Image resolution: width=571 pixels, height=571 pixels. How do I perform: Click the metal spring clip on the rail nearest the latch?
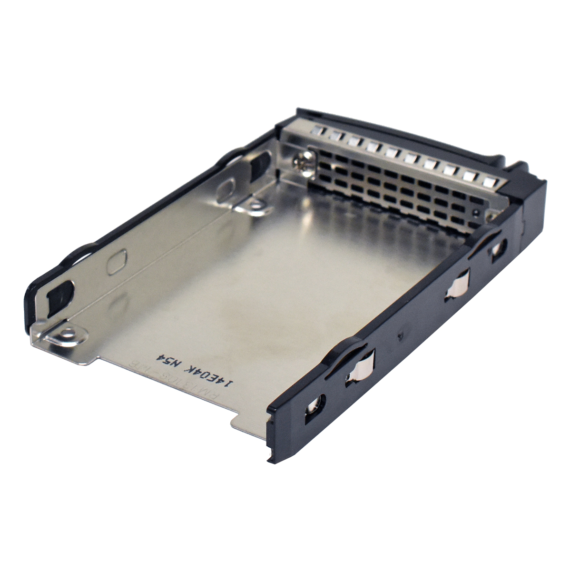tap(458, 286)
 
